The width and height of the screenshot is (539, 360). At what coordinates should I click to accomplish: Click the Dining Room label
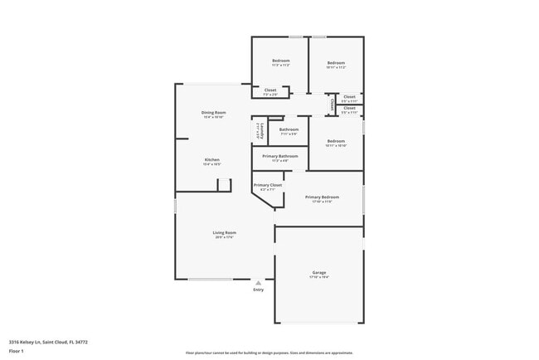[213, 113]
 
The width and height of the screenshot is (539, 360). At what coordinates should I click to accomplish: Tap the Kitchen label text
[212, 159]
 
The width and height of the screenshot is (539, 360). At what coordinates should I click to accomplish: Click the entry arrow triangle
[258, 283]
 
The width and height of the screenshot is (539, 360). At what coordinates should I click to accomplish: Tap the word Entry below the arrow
[258, 289]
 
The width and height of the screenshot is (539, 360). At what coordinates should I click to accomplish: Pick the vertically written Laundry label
[258, 130]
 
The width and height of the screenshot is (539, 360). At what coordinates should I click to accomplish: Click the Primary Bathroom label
[279, 156]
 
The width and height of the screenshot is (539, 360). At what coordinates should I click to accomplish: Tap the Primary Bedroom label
[322, 197]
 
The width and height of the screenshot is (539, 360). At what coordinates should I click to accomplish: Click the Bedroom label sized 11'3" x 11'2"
[280, 63]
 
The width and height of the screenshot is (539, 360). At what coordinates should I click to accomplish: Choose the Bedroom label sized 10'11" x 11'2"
[335, 63]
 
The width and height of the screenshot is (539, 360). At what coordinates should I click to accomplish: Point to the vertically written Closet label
[333, 105]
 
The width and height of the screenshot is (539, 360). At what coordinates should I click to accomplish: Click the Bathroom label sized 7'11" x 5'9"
[289, 129]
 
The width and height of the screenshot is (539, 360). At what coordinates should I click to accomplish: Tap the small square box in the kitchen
[223, 184]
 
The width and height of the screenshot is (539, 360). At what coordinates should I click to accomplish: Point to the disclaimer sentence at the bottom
[269, 352]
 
